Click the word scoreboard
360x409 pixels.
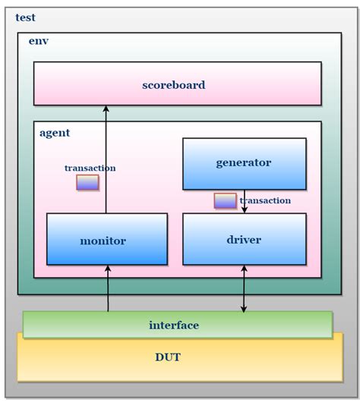(173, 85)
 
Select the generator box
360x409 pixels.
(244, 163)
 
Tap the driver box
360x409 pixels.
(244, 240)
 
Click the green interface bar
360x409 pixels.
(174, 325)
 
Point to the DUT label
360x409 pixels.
(168, 357)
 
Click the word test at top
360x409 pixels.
(25, 17)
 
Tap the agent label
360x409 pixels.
(54, 133)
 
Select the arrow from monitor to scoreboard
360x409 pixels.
(106, 159)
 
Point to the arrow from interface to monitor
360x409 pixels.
(108, 288)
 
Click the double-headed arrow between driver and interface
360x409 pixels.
(244, 288)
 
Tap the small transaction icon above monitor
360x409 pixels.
(87, 183)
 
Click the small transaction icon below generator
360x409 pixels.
(225, 201)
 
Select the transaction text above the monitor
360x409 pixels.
(90, 168)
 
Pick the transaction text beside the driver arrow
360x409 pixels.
(266, 200)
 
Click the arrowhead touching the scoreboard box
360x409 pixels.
(106, 109)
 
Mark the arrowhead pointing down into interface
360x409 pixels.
(244, 308)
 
